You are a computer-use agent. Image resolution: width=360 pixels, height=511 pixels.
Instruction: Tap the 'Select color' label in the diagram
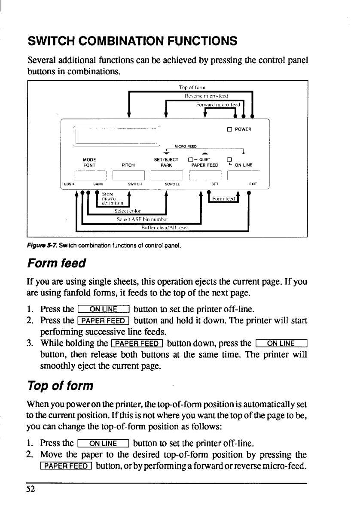[x=128, y=211]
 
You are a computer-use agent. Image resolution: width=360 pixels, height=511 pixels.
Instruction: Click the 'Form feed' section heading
[x=56, y=262]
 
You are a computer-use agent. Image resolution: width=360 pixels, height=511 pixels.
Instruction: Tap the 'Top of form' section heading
[x=60, y=385]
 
